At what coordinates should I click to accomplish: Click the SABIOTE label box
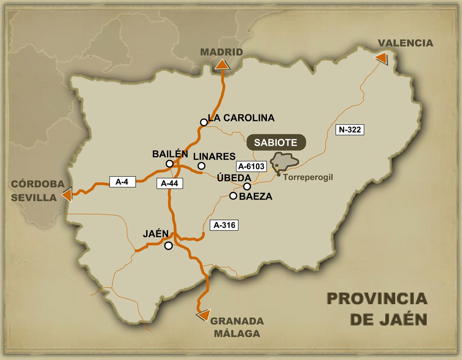pos(276,143)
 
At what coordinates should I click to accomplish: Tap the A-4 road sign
pos(122,182)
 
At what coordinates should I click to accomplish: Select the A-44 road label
pos(169,183)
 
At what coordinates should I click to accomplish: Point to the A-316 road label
pos(224,225)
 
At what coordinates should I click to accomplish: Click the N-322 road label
pos(350,130)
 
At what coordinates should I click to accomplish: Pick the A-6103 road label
pos(251,166)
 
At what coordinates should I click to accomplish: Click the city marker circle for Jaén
pos(168,246)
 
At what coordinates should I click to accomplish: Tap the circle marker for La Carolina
pos(204,122)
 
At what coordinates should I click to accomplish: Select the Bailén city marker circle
pos(170,164)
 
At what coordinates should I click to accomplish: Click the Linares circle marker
pos(201,166)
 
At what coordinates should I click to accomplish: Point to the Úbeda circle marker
pos(247,186)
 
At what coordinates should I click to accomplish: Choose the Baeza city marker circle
pos(233,196)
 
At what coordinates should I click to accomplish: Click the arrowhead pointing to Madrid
pos(222,65)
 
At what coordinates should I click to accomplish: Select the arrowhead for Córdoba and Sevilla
pos(67,196)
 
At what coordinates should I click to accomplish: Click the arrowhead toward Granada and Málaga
pos(204,315)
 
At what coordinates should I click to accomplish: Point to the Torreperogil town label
pos(308,177)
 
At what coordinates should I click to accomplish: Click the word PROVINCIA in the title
pos(377,299)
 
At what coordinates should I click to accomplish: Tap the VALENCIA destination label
pos(405,43)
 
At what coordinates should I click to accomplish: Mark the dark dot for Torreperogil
pos(278,175)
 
